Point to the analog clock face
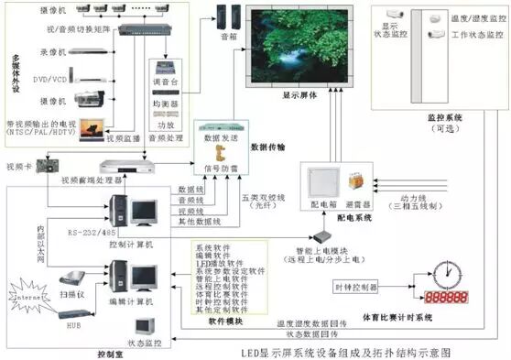pos(446,271)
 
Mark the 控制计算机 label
pos(130,246)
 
